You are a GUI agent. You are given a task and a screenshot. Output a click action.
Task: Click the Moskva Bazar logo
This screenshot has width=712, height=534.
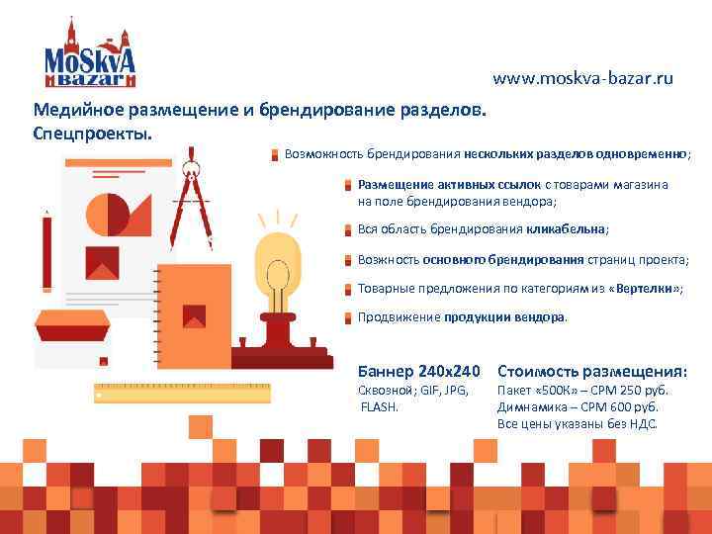(x=89, y=54)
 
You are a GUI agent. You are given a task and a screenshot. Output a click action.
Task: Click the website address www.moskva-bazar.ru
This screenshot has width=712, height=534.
(x=582, y=78)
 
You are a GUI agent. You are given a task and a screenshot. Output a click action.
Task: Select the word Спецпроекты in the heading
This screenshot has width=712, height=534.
(x=93, y=132)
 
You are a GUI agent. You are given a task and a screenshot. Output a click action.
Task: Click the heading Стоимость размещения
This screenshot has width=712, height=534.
(x=591, y=372)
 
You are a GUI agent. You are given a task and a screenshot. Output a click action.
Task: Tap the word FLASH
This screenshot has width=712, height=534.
(x=380, y=406)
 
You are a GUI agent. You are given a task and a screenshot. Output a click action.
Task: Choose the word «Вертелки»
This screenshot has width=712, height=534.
(x=646, y=288)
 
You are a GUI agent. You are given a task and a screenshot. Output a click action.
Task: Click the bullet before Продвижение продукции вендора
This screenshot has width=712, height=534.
(x=348, y=318)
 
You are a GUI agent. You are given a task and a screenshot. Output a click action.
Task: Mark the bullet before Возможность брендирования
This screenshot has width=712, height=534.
(x=275, y=154)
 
